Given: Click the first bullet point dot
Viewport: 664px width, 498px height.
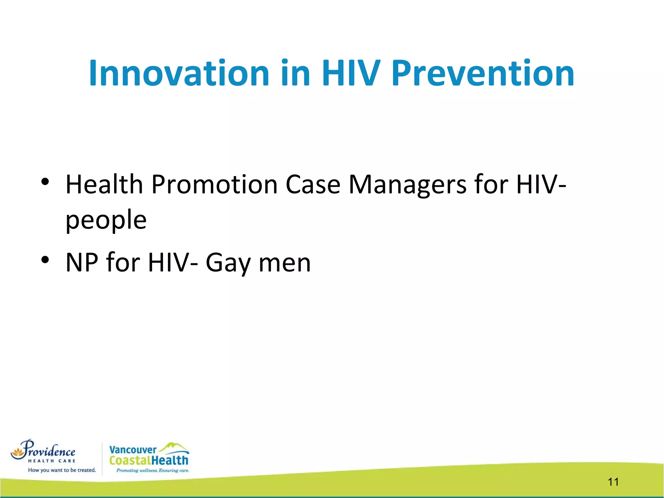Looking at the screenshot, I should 45,182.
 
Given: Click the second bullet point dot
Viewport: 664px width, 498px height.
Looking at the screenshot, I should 45,260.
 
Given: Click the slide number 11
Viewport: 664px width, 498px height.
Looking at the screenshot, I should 613,482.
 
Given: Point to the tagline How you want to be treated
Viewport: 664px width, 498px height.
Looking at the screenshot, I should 62,470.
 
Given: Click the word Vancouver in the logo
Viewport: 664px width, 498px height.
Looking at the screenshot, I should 133,450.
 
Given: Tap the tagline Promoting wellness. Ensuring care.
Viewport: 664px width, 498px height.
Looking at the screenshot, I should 152,470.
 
